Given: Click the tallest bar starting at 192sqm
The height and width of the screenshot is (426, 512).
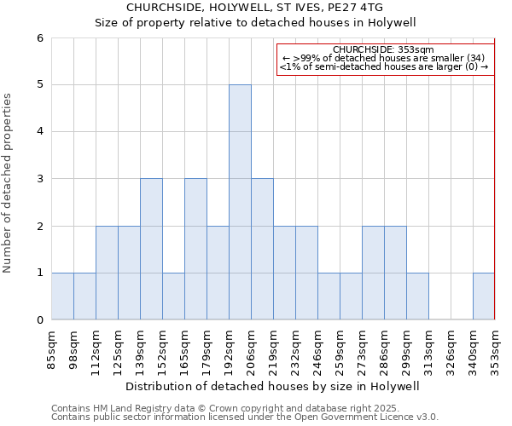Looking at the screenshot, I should point(240,202).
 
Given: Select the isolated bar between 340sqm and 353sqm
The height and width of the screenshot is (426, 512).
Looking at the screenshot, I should point(484,296).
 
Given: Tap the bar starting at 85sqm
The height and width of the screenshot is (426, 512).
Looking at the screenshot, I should point(62,296).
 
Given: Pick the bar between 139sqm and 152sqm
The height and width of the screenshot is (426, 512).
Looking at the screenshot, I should point(151,249).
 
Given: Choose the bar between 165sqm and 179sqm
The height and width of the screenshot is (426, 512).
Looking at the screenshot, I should point(195,249).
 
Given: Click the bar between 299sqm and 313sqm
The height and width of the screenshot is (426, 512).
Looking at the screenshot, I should point(417,296).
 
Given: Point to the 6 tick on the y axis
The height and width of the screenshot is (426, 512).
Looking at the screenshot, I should point(39,38).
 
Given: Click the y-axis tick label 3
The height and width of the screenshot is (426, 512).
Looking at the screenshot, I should point(39,179).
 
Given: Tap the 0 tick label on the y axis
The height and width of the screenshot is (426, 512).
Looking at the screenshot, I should point(39,320).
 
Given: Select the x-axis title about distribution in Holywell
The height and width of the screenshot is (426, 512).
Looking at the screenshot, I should point(273,386).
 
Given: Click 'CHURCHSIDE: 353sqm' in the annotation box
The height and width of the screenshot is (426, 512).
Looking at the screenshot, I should point(384,49).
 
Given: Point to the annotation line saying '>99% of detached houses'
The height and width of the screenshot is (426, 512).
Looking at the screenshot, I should point(384,58).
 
